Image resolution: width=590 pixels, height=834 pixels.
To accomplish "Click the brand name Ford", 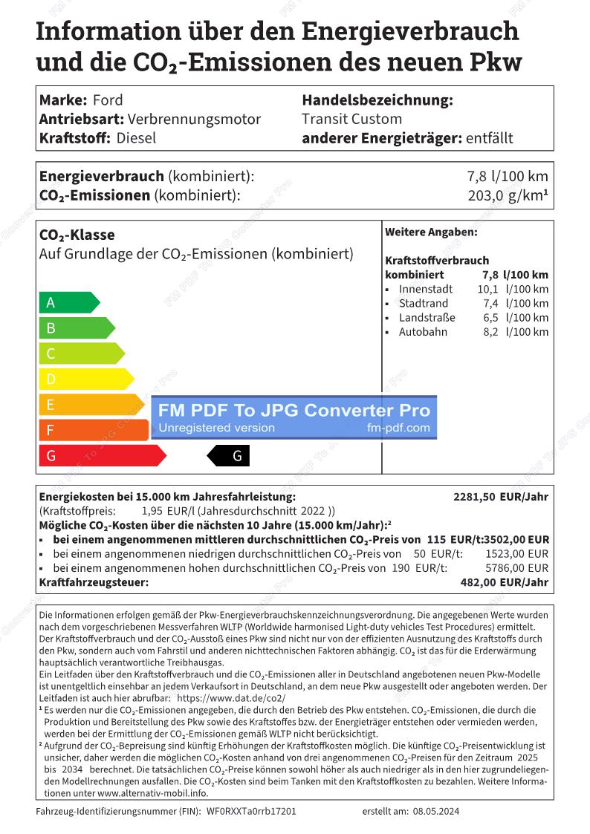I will (x=108, y=100).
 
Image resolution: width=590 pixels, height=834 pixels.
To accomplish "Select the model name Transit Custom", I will (x=351, y=119).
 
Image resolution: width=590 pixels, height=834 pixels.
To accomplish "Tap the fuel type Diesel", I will (x=137, y=138).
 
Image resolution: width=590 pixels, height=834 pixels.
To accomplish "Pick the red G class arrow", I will (x=100, y=455).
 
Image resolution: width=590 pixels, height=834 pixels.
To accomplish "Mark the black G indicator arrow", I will (x=229, y=456).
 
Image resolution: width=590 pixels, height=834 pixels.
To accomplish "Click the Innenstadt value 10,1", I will (x=487, y=289).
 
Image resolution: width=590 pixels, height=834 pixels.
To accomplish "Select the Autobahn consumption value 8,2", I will (x=490, y=332).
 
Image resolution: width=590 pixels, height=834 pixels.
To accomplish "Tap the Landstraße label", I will (x=427, y=318).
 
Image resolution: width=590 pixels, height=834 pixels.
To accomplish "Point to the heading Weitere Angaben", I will (x=431, y=232).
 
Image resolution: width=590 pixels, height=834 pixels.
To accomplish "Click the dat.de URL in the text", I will (x=232, y=699).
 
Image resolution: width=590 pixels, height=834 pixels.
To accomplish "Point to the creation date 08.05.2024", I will (x=436, y=811).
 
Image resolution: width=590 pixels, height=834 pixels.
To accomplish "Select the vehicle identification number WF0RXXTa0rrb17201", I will (x=251, y=811).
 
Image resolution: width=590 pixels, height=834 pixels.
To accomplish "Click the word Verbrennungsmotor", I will (x=195, y=119).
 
